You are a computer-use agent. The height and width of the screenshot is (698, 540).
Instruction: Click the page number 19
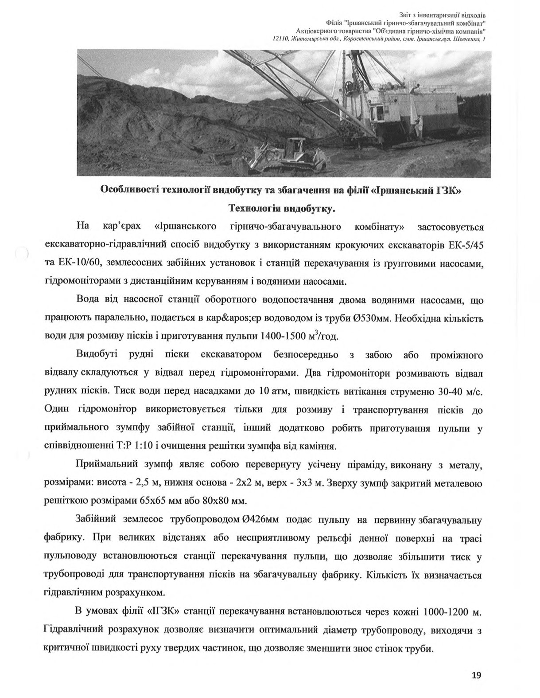tap(476, 675)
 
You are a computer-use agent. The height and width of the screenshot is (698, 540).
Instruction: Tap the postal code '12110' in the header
tap(281, 39)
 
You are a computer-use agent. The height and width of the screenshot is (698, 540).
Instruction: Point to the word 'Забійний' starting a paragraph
tap(96, 519)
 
